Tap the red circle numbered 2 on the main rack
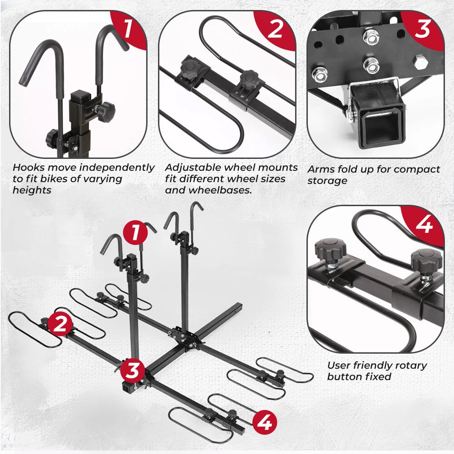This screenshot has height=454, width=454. [60, 325]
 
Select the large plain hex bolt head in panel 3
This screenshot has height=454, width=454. [419, 63]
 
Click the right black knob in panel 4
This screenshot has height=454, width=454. [426, 260]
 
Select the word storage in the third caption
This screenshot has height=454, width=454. [327, 181]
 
